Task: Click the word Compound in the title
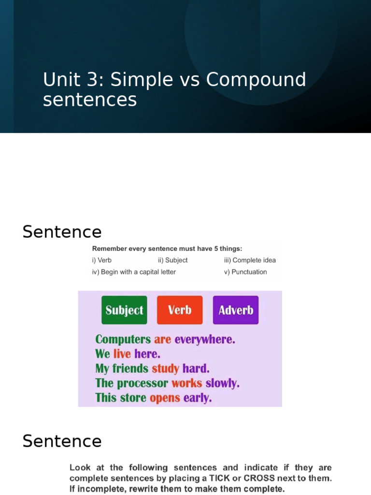[256, 80]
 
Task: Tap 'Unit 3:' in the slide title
[73, 80]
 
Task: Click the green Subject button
[124, 310]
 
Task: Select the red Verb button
[180, 310]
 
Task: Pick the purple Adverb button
[236, 310]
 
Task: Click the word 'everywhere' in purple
[205, 339]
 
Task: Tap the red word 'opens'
[165, 398]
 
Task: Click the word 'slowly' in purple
[222, 383]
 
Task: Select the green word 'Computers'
[123, 339]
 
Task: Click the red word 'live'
[122, 354]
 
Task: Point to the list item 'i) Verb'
[102, 260]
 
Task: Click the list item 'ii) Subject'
[172, 260]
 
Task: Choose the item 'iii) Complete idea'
[250, 260]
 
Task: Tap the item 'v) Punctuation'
[245, 272]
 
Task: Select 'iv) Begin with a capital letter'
[134, 272]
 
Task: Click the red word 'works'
[187, 383]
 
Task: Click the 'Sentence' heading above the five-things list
[62, 232]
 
